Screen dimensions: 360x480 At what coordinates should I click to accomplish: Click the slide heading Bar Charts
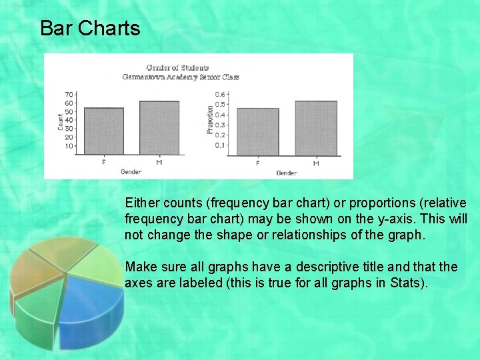[90, 29]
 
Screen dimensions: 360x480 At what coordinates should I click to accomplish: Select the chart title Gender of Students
[177, 67]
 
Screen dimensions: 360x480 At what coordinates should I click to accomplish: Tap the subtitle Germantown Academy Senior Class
[180, 77]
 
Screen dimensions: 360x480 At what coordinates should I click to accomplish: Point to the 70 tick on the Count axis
[69, 95]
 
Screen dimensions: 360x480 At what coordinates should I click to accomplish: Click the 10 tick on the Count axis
[69, 146]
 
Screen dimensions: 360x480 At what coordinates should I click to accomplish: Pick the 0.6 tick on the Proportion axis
[219, 94]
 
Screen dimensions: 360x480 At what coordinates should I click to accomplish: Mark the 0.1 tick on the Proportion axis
[219, 145]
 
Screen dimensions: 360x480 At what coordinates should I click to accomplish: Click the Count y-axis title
[60, 120]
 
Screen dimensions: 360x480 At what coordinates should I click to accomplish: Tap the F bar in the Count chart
[103, 131]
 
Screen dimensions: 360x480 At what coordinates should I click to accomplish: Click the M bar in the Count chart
[159, 127]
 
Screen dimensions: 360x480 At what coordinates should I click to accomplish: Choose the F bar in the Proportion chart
[258, 132]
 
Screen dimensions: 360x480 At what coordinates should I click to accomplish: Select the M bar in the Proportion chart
[315, 128]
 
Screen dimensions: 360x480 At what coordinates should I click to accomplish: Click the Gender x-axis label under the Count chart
[131, 172]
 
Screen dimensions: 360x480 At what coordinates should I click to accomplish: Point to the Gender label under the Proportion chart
[286, 173]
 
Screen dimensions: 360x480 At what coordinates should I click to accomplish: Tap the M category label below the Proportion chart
[315, 163]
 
